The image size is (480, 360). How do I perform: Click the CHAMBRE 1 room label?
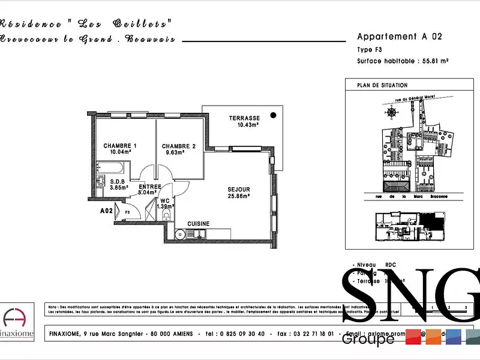(120, 146)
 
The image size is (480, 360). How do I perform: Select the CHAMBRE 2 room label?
(178, 146)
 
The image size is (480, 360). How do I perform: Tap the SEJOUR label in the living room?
(238, 190)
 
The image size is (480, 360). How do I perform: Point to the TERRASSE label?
(244, 118)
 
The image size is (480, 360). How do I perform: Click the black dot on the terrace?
(273, 115)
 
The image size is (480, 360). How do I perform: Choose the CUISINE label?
(198, 224)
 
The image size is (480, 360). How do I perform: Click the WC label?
(165, 201)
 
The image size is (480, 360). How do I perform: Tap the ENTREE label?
(149, 187)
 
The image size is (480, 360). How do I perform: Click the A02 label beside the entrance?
(106, 211)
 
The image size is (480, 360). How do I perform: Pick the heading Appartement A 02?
(399, 37)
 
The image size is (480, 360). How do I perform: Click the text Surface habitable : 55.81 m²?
(403, 61)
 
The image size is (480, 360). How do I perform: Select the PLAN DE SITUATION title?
(382, 85)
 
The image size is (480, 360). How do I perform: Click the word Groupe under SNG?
(368, 339)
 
